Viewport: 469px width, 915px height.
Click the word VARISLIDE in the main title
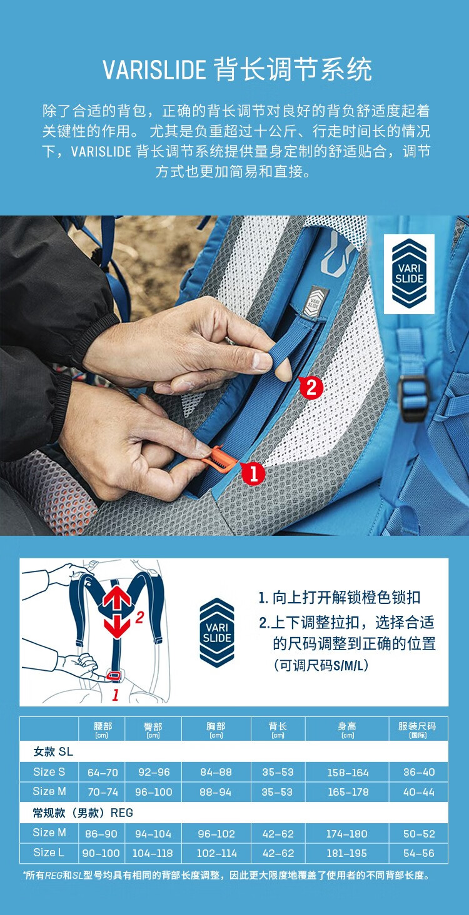154,69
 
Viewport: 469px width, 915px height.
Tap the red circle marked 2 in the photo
311,387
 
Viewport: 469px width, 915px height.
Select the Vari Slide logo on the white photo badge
409,274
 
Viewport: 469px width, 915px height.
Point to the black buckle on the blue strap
413,398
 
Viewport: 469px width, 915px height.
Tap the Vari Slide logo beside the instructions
217,633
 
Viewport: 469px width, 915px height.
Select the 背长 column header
278,729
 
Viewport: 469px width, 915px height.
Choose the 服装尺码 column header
417,729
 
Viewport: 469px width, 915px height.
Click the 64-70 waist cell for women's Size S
103,773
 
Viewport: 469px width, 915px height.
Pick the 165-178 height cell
348,792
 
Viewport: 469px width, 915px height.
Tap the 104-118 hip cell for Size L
153,853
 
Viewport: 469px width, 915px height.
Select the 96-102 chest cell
216,834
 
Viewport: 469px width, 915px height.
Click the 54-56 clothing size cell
419,853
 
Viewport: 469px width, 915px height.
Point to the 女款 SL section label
53,751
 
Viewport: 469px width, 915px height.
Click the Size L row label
49,853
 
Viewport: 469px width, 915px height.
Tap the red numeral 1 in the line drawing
115,695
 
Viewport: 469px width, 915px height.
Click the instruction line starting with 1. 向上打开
340,598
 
